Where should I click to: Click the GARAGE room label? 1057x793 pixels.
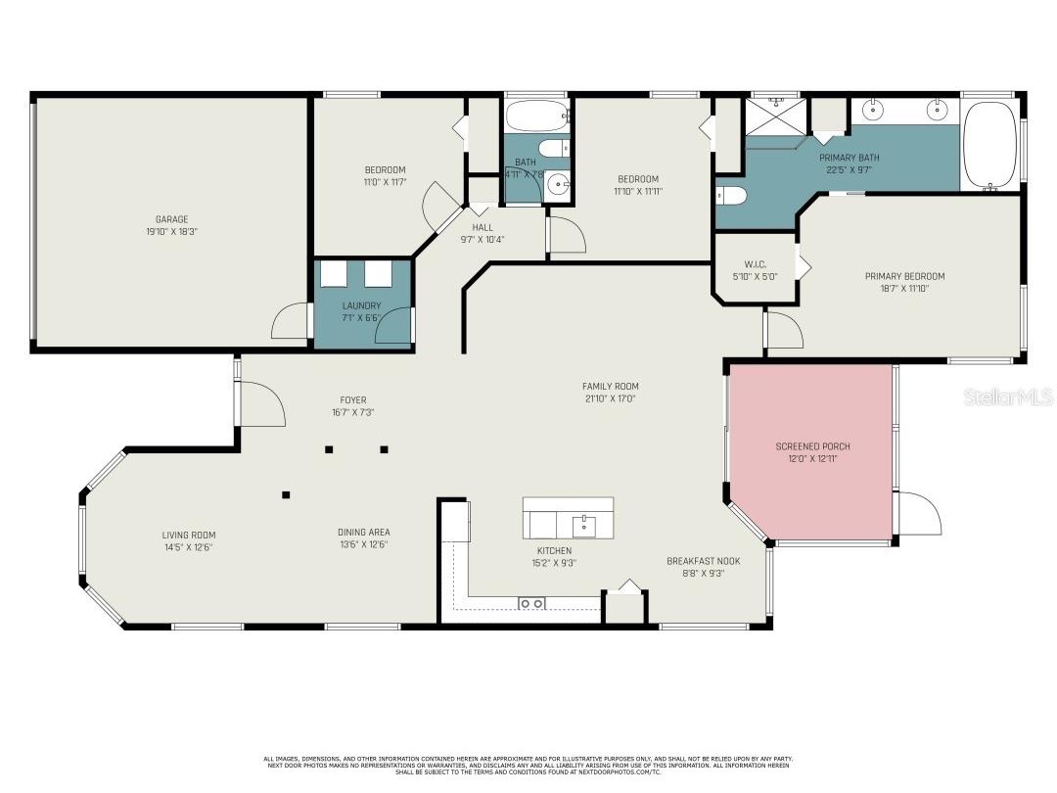tap(171, 219)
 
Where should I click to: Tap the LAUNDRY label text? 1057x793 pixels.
tap(361, 305)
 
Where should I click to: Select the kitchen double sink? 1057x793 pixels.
tap(531, 603)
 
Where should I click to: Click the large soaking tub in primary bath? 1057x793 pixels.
tap(989, 145)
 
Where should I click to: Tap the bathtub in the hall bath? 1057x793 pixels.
tap(536, 117)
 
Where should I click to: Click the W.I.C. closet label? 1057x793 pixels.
tap(755, 263)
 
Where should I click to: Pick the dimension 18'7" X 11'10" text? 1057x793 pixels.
tap(904, 288)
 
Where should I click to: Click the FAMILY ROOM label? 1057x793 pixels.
tap(610, 387)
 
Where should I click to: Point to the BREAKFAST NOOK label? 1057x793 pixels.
tap(703, 561)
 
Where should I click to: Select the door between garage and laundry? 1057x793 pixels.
tap(292, 321)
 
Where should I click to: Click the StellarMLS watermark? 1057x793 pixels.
tap(1008, 396)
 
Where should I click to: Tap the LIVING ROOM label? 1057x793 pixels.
tap(189, 535)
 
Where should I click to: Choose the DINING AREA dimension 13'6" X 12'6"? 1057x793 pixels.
tap(364, 545)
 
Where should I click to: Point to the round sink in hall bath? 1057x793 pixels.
tap(558, 183)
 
